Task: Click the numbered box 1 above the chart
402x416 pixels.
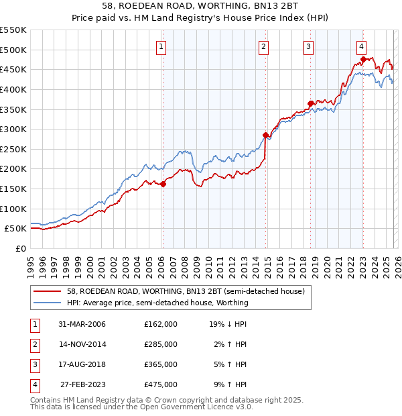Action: [162, 46]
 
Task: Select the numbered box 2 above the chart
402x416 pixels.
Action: [264, 46]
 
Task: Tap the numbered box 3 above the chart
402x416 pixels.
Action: [308, 46]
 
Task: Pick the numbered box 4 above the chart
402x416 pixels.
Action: [361, 46]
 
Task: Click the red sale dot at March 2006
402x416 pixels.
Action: [163, 184]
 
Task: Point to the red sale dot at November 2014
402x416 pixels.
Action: [265, 135]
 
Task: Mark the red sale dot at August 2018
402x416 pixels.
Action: [310, 103]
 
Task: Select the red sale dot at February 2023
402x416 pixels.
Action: [363, 59]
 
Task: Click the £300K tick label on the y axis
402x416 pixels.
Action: [13, 129]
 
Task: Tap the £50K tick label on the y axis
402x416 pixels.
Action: [16, 228]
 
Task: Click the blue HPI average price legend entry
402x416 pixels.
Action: [157, 303]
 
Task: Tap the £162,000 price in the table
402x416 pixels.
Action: [161, 324]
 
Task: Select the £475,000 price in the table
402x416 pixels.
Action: [161, 384]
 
